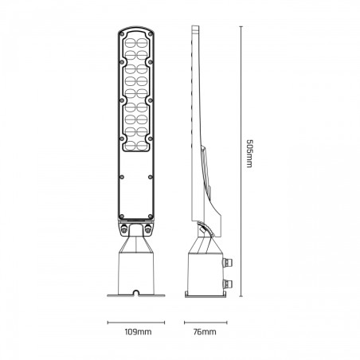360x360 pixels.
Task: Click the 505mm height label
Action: click(x=249, y=154)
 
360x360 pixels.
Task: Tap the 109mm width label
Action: click(x=138, y=332)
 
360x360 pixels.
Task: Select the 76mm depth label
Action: click(x=205, y=332)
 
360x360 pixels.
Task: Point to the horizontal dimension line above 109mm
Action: click(x=136, y=323)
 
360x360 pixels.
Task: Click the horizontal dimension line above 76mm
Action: click(x=205, y=323)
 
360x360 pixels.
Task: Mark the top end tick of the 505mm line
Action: click(x=241, y=26)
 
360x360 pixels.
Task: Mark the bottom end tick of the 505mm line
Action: click(x=241, y=296)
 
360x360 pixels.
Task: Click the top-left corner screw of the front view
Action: click(x=122, y=34)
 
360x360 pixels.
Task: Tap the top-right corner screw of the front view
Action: click(x=151, y=34)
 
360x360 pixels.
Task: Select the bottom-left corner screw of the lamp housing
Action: click(x=122, y=217)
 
